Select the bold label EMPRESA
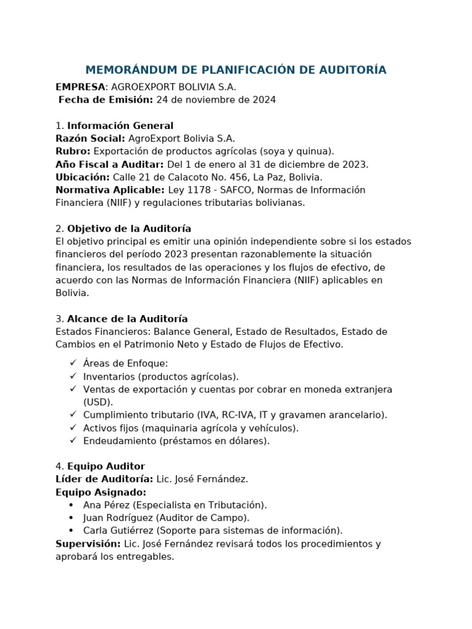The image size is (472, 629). tap(80, 87)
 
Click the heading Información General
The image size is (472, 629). tap(120, 126)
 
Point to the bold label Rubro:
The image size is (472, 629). tap(73, 151)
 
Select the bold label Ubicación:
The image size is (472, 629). tap(82, 177)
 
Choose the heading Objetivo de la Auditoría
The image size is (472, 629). tap(129, 229)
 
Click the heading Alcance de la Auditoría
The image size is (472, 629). tap(127, 319)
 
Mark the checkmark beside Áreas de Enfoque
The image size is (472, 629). tap(73, 363)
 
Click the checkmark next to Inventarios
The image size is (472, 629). tap(73, 376)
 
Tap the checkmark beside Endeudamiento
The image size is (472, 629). tap(73, 440)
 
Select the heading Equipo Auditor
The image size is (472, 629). tap(106, 466)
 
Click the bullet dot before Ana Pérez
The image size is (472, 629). tap(71, 505)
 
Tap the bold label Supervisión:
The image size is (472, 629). tap(88, 544)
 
